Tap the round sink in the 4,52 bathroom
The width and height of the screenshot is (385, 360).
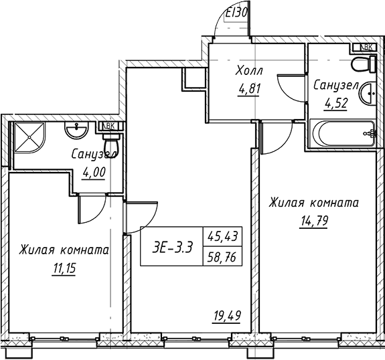pos(368,94)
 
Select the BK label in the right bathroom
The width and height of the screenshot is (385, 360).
pos(367,47)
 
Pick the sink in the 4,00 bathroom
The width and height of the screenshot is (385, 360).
pos(75,129)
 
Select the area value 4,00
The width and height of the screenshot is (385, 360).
pos(94,171)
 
